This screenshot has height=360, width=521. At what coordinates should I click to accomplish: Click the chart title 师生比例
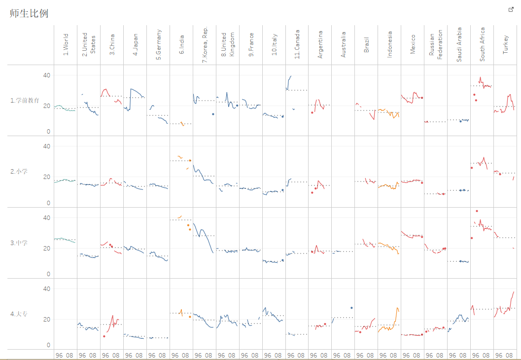point(29,13)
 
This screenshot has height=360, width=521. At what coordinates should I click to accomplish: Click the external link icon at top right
point(511,10)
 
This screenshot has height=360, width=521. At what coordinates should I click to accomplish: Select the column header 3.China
point(112,44)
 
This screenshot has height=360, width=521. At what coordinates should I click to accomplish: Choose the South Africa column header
point(482,44)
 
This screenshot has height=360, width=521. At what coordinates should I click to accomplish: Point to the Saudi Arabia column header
point(459,44)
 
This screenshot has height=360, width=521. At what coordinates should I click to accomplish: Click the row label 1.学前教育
point(25,101)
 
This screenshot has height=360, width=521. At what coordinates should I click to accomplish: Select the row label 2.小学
point(19,172)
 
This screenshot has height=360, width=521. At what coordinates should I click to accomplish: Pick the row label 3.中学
point(19,243)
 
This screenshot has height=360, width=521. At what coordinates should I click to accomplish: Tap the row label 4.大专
point(19,314)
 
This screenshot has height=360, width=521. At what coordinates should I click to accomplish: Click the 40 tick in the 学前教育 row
point(46,75)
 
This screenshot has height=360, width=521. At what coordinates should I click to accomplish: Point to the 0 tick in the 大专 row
point(48,345)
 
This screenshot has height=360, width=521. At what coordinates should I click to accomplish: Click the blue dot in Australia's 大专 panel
point(351,308)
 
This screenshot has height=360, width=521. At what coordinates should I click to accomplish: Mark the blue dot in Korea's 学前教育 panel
point(213,114)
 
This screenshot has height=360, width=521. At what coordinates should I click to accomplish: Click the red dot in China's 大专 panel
point(104,336)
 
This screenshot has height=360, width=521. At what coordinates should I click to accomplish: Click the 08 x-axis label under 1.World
point(69,356)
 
